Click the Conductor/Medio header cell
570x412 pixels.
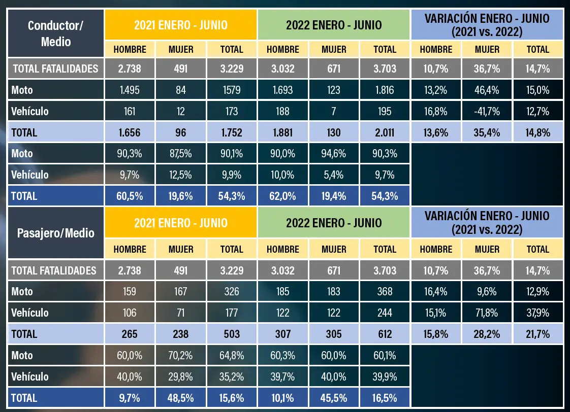point(55,33)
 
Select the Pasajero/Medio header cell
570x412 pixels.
point(55,233)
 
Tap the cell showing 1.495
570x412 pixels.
point(130,90)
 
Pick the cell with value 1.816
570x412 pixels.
point(385,90)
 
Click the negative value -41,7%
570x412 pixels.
point(487,111)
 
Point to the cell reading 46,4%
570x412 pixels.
point(487,90)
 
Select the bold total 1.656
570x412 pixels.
point(130,132)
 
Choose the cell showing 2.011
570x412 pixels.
point(385,132)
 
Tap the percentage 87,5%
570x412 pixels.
point(181,154)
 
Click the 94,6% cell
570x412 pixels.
point(334,154)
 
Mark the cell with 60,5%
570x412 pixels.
point(130,196)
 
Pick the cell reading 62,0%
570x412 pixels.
point(282,196)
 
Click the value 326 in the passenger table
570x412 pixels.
point(232,291)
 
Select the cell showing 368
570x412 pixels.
point(385,291)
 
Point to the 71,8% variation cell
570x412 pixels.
point(487,313)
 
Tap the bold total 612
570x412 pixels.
point(385,334)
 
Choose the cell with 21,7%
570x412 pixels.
point(538,334)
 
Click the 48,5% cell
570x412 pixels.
point(181,398)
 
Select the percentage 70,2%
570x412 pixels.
point(181,355)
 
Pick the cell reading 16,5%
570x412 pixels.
point(385,398)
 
